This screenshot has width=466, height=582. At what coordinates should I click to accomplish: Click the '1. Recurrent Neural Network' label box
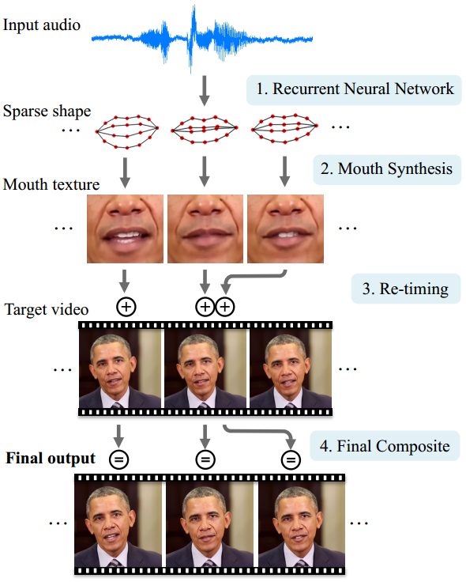point(352,89)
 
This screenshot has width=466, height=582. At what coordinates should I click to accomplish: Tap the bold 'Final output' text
point(51,459)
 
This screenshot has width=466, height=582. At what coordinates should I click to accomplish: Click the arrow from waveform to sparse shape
point(205,89)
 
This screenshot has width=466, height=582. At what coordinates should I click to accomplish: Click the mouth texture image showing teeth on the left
point(125,229)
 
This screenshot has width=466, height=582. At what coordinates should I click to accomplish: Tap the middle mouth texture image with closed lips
point(205,229)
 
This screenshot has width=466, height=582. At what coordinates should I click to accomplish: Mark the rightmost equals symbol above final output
point(291,459)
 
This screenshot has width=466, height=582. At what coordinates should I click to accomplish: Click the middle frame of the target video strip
point(205,368)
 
